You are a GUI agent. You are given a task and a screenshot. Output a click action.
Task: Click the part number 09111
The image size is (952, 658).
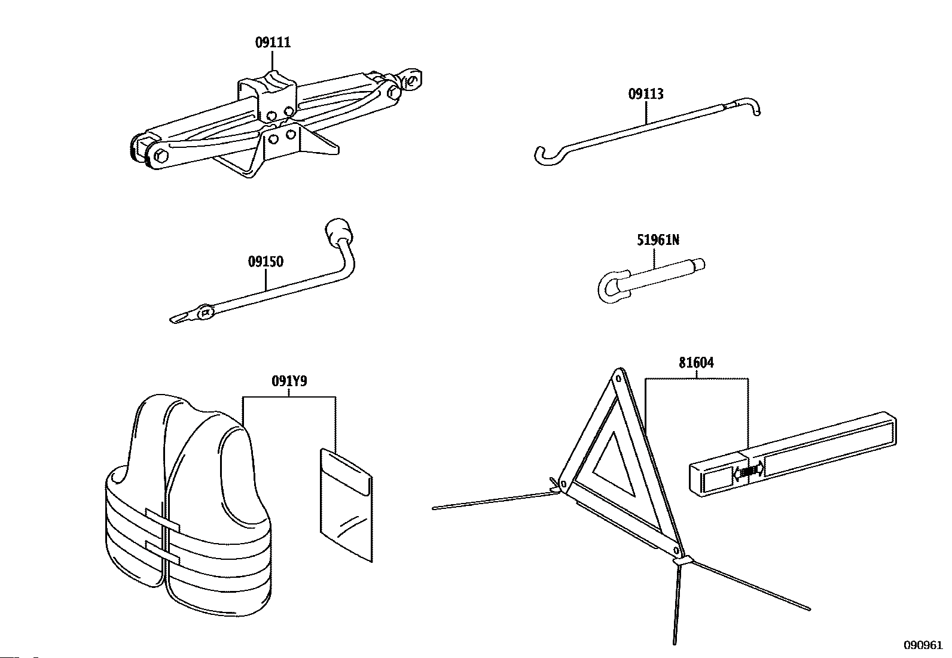(x=273, y=43)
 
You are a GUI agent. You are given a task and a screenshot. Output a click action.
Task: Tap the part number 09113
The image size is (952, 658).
(x=645, y=94)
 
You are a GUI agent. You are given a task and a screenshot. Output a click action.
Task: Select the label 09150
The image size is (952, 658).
(x=266, y=262)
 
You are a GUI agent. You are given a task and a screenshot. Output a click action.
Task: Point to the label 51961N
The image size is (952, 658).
(x=657, y=240)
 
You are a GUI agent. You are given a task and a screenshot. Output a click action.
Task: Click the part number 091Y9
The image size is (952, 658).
(x=289, y=381)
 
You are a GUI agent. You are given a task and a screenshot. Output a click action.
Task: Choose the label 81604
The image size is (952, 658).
(x=696, y=363)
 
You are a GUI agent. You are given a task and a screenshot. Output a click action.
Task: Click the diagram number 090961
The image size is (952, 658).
(x=923, y=645)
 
